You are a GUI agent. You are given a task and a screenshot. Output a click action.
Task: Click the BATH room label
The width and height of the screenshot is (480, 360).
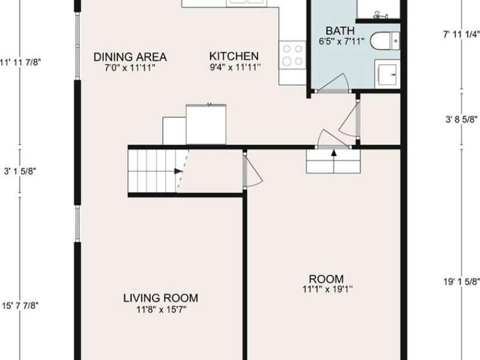pos(340,30)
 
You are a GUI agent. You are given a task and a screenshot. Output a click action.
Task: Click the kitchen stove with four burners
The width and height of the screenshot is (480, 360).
pos(292,55)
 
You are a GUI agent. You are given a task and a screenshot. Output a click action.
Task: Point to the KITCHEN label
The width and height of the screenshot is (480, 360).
pos(234,56)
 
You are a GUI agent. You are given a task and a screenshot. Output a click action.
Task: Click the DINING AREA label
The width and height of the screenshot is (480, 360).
pos(130,57)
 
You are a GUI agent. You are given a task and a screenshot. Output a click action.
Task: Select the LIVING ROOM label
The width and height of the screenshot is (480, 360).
pos(161,298)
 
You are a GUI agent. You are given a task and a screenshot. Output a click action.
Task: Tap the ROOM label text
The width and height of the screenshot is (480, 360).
pos(326,279)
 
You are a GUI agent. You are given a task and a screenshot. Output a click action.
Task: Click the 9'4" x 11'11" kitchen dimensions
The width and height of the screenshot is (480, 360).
pos(234,67)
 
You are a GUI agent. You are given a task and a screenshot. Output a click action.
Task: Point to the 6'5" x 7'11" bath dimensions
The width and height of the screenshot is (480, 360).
pos(340,41)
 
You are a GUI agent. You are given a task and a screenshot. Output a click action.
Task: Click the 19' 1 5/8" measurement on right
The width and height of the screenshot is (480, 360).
pos(461,281)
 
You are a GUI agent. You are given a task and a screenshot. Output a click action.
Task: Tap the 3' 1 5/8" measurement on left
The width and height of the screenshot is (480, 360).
pos(21,171)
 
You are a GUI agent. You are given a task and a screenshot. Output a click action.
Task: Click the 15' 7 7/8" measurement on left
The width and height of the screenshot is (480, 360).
pos(21,305)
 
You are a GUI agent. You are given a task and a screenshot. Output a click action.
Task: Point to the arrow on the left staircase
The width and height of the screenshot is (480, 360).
pos(178,170)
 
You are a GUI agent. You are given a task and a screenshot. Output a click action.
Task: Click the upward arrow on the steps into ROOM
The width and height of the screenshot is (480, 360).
pos(333,153)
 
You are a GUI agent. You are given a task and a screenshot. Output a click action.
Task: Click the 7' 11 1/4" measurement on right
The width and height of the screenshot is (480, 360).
pos(461,34)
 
